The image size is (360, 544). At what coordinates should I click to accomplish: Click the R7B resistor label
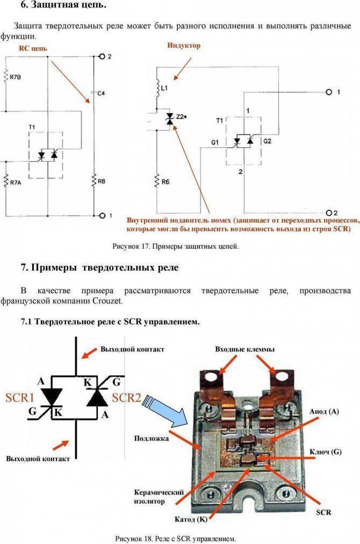click(15, 77)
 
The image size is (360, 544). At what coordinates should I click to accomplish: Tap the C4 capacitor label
click(101, 93)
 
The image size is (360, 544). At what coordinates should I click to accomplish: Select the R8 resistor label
click(102, 182)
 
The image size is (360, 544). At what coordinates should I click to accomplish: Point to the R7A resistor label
click(16, 183)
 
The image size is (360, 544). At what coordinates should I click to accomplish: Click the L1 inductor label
click(164, 89)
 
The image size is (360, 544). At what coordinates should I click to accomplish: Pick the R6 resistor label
click(165, 182)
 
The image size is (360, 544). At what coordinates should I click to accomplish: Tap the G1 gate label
click(215, 143)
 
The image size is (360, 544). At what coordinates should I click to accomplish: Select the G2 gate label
click(267, 141)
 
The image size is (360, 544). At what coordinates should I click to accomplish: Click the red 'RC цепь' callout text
click(33, 48)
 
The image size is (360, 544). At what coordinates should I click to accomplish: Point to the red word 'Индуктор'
click(184, 46)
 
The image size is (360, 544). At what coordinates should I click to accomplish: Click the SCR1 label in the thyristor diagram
click(20, 397)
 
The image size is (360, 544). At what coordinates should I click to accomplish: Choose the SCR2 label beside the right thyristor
click(126, 397)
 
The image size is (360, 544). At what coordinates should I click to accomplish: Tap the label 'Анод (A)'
click(324, 411)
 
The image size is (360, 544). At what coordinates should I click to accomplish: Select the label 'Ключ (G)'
click(326, 452)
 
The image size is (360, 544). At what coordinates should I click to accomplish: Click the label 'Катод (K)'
click(191, 519)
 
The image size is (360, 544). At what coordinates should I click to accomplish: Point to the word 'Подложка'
click(152, 439)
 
